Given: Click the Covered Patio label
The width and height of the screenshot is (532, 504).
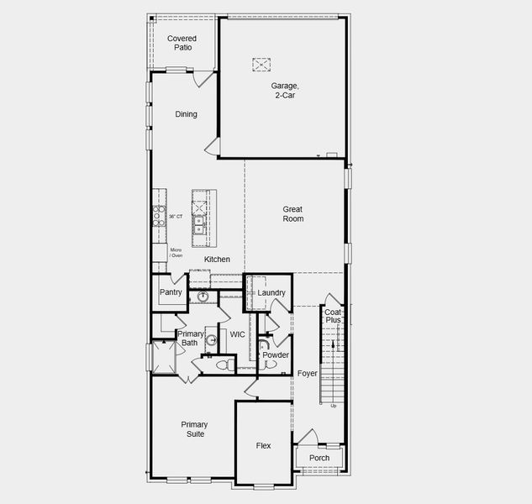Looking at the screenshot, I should tap(182, 43).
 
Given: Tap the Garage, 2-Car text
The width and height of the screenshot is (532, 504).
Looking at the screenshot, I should tap(284, 90).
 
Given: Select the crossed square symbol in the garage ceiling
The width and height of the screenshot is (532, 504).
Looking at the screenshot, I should tap(261, 64).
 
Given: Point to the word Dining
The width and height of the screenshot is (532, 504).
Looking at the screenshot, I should tap(186, 114).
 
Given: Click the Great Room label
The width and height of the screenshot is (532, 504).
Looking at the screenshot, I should tap(292, 213).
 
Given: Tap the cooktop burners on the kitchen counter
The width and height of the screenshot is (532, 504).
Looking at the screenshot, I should tap(157, 216).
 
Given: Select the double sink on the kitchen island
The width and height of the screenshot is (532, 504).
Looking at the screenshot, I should tap(200, 224).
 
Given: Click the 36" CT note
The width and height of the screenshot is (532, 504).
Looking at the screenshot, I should tap(176, 217).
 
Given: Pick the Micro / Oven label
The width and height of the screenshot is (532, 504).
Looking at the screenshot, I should tap(176, 253).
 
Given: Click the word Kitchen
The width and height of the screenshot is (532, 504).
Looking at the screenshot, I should tap(217, 260).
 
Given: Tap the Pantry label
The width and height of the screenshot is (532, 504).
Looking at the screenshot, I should tap(171, 292).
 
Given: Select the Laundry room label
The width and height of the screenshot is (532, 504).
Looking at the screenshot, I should tap(271, 292).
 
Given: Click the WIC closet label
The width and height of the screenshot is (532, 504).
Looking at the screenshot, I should tap(238, 334).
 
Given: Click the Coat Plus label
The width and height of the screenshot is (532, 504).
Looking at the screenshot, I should tap(333, 316).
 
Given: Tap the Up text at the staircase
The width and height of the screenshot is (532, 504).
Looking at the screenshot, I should tap(333, 406).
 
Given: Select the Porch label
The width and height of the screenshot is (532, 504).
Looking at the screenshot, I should tap(319, 458).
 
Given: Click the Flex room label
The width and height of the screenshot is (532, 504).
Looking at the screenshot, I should tap(263, 446).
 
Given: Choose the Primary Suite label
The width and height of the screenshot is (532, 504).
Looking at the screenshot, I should tap(194, 429).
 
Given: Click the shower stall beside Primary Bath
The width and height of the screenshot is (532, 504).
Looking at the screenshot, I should tap(163, 357).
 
